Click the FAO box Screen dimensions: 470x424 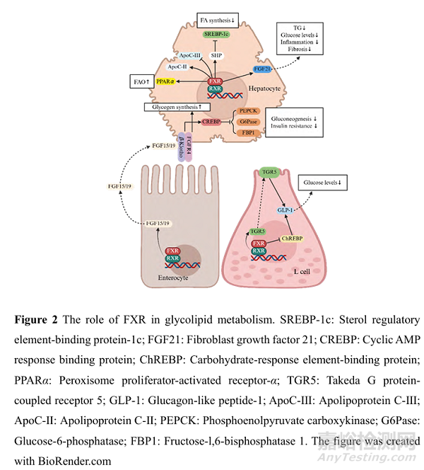[141, 82]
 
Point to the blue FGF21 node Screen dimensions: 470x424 [262, 69]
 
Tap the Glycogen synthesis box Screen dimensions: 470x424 [179, 107]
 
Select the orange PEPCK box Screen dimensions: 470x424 [249, 110]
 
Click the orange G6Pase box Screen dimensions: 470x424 [249, 122]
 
